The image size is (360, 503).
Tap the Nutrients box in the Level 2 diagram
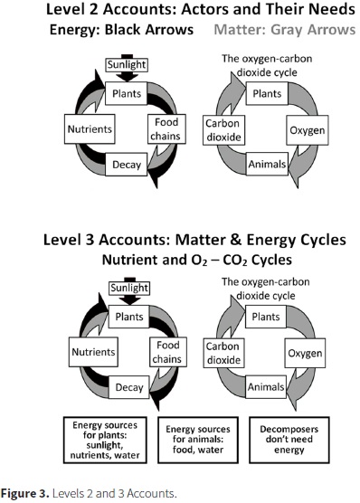click(x=90, y=128)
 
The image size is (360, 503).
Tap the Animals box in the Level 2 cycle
click(x=265, y=165)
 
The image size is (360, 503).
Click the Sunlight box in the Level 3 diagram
click(x=123, y=289)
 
